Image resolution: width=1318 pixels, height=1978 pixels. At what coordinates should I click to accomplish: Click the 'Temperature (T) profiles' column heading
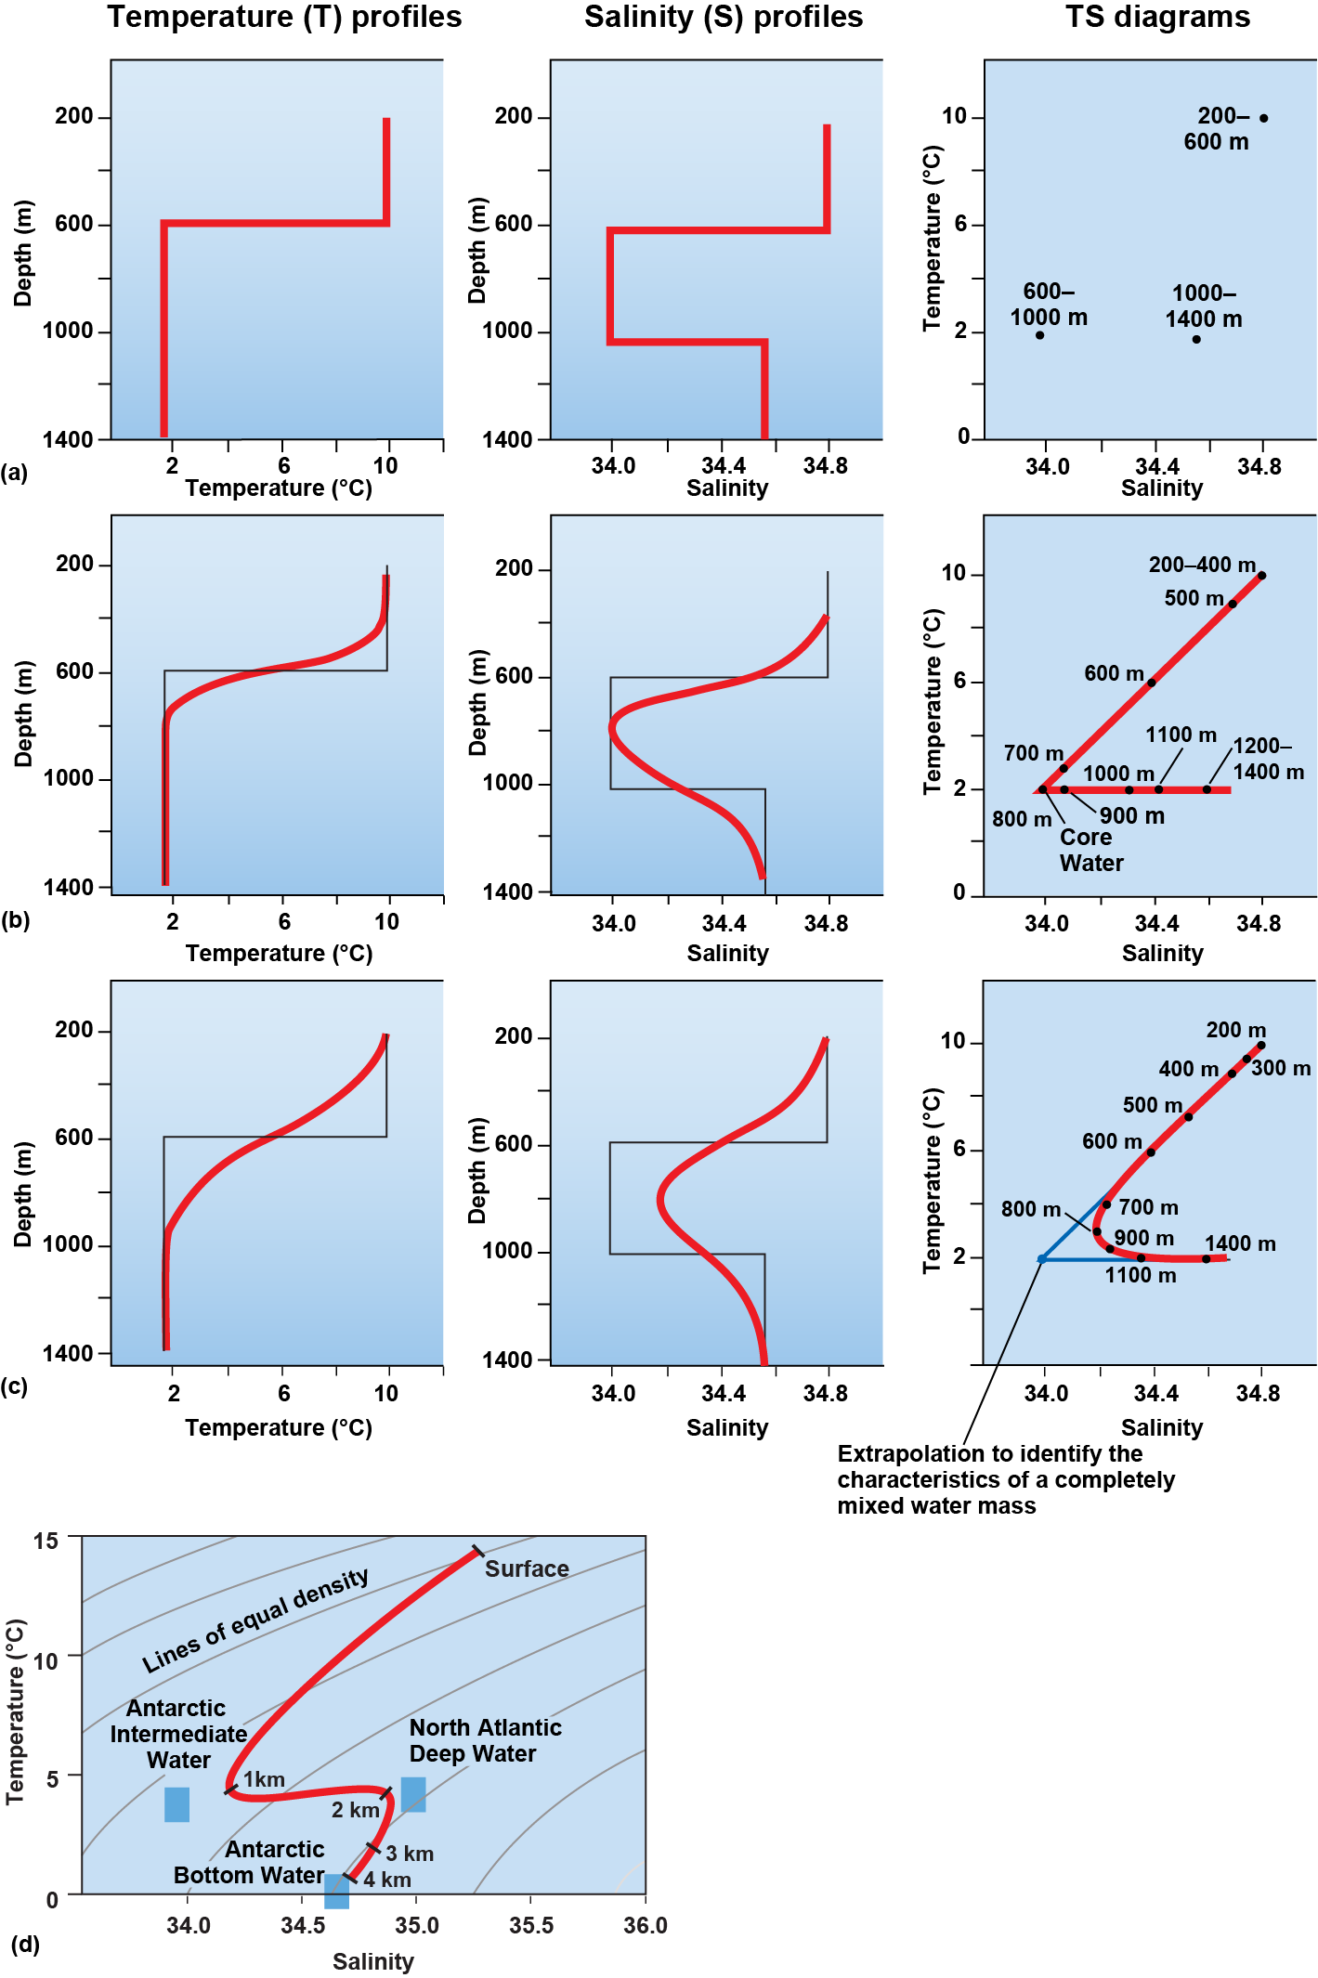(x=284, y=17)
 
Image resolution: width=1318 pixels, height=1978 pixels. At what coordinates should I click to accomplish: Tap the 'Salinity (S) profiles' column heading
(x=723, y=17)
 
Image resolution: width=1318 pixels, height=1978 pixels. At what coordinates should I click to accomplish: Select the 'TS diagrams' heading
(x=1156, y=17)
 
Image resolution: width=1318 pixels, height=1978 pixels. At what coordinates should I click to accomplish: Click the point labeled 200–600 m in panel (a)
(x=1263, y=118)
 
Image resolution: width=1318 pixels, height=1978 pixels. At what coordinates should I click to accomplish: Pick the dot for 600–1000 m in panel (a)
(x=1039, y=335)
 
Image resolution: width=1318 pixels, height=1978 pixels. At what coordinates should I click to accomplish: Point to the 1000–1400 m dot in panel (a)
(x=1196, y=339)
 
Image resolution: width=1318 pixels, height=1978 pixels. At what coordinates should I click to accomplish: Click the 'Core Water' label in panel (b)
(x=1090, y=850)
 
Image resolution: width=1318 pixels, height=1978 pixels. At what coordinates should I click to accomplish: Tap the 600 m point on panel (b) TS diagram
(x=1151, y=683)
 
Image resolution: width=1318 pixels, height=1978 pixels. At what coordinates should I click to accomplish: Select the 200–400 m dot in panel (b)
(x=1260, y=576)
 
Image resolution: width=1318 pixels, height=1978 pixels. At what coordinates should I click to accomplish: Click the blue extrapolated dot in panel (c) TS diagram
(x=1041, y=1259)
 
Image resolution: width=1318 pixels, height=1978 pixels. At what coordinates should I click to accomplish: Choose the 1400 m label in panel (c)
(x=1239, y=1243)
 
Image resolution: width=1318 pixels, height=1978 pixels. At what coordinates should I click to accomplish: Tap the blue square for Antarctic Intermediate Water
(x=176, y=1804)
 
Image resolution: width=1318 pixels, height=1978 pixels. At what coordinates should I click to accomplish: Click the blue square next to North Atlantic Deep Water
(x=413, y=1794)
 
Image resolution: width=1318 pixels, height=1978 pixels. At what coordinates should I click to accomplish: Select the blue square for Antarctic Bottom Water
(x=336, y=1891)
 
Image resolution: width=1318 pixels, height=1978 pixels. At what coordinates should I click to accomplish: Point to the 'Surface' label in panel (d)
(x=527, y=1568)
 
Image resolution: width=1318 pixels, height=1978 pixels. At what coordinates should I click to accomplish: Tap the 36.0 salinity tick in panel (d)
(x=645, y=1925)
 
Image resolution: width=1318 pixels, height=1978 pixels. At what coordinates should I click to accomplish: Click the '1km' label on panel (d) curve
(x=264, y=1779)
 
